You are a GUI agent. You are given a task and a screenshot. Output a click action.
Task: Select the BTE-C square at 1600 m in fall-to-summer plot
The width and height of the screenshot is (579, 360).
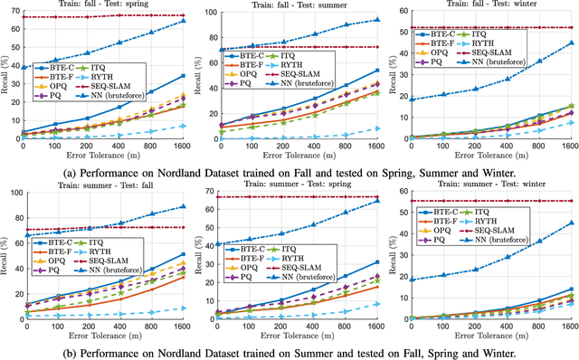(x=377, y=70)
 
